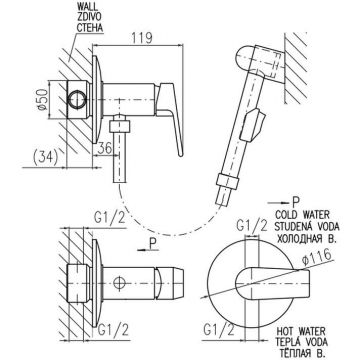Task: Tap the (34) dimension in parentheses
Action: click(45, 156)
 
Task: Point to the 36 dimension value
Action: click(105, 149)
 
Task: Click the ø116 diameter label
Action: click(316, 258)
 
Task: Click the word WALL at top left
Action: click(85, 7)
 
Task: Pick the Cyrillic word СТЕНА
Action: click(90, 28)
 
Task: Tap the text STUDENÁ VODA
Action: click(307, 226)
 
